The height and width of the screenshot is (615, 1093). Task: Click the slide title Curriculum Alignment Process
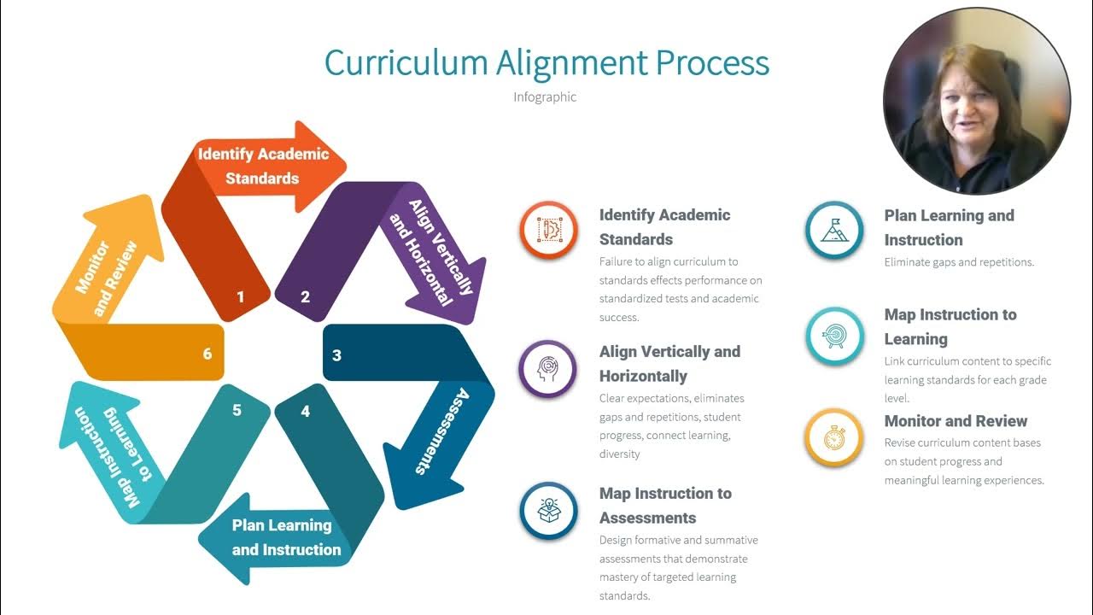pos(546,63)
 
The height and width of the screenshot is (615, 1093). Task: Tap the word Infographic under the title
pos(545,97)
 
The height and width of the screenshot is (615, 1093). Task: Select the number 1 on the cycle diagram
pos(241,297)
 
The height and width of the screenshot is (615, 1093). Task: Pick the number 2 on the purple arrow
pos(305,297)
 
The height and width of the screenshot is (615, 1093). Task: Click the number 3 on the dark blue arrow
pos(336,354)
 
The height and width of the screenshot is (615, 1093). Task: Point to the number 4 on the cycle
pos(305,412)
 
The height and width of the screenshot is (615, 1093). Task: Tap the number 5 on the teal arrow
pos(237,410)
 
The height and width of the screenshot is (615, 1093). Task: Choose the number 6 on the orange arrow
pos(207,354)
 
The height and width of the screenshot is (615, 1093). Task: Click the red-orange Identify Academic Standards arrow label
pos(262,166)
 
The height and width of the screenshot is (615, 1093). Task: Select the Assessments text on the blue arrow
pos(439,431)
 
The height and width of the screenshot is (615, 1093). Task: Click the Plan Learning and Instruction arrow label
pos(286,537)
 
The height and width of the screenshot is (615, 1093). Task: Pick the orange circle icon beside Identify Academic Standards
pos(548,230)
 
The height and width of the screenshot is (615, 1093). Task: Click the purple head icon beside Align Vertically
pos(548,369)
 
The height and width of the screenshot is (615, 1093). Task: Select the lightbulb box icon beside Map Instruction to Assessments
pos(548,511)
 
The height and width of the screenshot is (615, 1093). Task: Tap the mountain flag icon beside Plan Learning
pos(834,230)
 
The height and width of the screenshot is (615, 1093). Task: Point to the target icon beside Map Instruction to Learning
pos(834,336)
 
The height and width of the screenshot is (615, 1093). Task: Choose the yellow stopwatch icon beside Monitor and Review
pos(834,437)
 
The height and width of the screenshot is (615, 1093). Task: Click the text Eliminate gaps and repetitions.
pos(959,262)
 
